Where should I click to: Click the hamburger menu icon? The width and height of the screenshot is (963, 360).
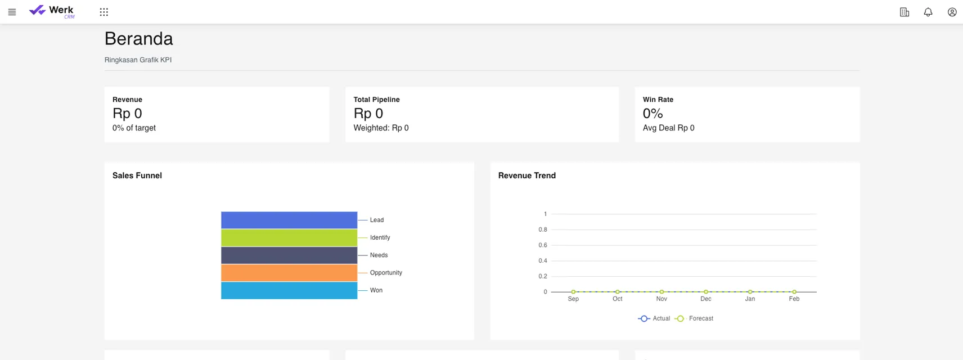click(x=12, y=12)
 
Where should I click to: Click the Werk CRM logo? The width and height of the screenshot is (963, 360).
click(x=51, y=11)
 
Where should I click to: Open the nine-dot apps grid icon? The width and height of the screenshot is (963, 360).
click(x=104, y=12)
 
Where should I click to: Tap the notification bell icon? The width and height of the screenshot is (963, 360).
click(x=928, y=12)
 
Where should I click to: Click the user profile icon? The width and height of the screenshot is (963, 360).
click(x=952, y=12)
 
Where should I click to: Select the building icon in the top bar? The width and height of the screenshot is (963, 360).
click(x=904, y=12)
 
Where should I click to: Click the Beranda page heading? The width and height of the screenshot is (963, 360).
click(x=138, y=39)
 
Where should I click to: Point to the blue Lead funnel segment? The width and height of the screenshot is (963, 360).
click(x=289, y=220)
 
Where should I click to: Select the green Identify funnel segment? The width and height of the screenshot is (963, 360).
click(x=289, y=237)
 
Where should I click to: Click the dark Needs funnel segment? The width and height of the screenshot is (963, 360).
click(x=289, y=255)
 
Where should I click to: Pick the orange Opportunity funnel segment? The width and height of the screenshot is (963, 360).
click(x=289, y=273)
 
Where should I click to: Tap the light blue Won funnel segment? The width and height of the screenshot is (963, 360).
click(x=289, y=290)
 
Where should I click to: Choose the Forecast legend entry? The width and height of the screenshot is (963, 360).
click(x=695, y=318)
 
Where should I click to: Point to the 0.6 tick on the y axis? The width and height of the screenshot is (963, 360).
click(x=543, y=245)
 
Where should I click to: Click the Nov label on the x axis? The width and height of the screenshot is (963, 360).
click(x=661, y=299)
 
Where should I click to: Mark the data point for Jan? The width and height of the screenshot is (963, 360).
click(x=750, y=292)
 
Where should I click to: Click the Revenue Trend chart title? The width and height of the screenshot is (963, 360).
click(x=526, y=175)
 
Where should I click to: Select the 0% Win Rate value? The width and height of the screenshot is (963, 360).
click(x=652, y=114)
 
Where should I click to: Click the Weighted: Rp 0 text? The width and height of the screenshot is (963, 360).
click(x=381, y=128)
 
